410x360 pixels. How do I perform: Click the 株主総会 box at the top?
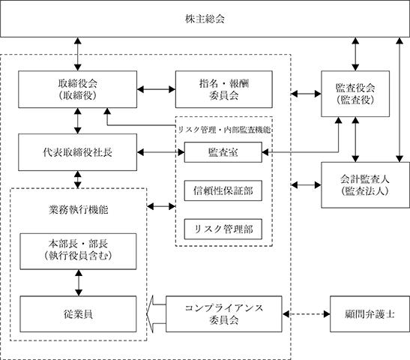pyautogui.click(x=205, y=19)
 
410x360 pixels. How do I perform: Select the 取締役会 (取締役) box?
pyautogui.click(x=77, y=89)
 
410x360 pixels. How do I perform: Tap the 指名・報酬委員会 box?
pyautogui.click(x=224, y=89)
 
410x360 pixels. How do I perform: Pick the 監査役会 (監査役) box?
pyautogui.click(x=355, y=94)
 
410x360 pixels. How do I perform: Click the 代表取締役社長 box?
pyautogui.click(x=77, y=152)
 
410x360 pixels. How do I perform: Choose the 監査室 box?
pyautogui.click(x=223, y=152)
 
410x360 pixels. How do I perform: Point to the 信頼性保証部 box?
pyautogui.click(x=223, y=190)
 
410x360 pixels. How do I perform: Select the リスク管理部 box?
pyautogui.click(x=223, y=229)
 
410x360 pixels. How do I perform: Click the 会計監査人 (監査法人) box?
pyautogui.click(x=365, y=185)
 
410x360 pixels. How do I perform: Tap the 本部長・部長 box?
pyautogui.click(x=78, y=251)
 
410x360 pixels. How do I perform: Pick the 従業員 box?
pyautogui.click(x=78, y=314)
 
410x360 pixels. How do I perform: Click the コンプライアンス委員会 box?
pyautogui.click(x=224, y=314)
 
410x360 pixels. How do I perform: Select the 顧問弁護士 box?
pyautogui.click(x=370, y=314)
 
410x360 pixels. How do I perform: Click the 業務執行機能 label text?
pyautogui.click(x=78, y=210)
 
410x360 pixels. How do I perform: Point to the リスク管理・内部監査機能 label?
pyautogui.click(x=224, y=130)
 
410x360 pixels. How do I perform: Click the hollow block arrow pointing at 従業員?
pyautogui.click(x=156, y=314)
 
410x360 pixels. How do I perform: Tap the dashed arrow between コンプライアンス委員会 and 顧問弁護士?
pyautogui.click(x=306, y=314)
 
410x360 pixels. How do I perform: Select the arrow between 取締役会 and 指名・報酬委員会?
pyautogui.click(x=156, y=89)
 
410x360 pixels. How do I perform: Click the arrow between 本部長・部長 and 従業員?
pyautogui.click(x=79, y=283)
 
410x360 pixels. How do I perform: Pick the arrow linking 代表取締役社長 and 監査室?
pyautogui.click(x=160, y=152)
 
